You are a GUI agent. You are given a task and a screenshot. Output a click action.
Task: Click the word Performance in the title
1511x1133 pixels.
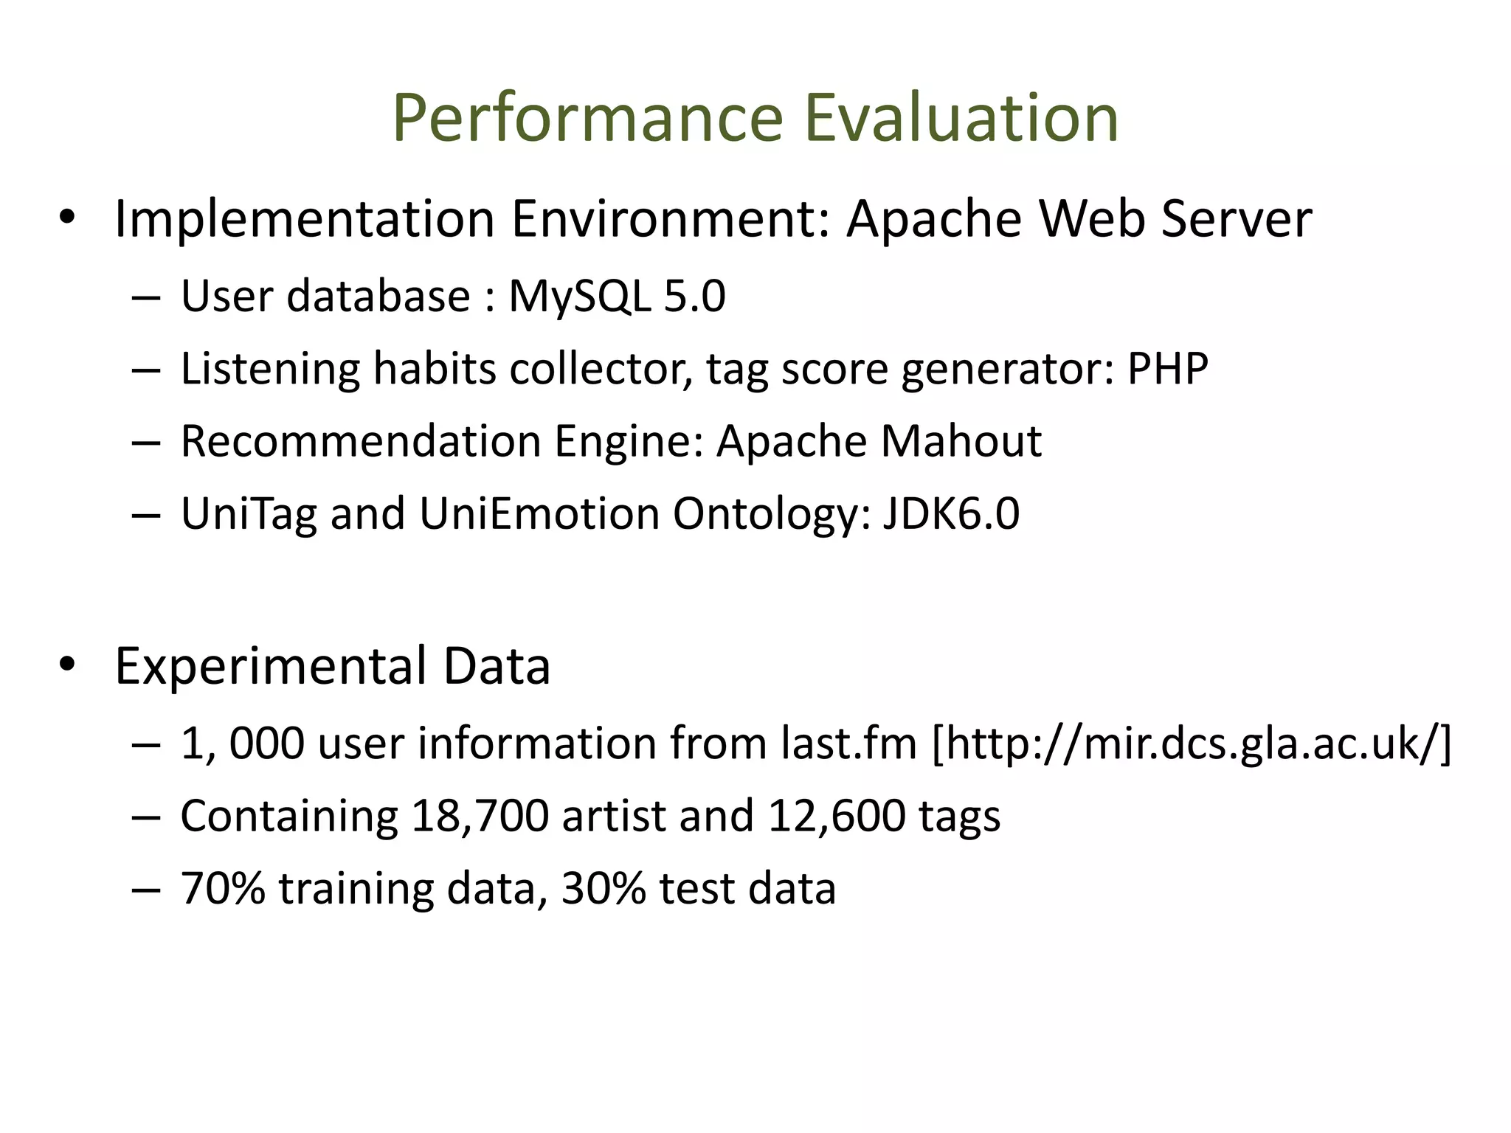point(587,118)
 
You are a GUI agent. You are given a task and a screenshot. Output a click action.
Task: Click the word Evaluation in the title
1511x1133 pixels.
point(961,118)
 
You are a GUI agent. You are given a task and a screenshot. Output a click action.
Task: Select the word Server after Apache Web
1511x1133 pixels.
point(1237,220)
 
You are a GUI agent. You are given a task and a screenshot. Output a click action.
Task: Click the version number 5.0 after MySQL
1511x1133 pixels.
point(694,297)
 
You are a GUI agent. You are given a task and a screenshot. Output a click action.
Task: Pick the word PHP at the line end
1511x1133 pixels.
point(1167,369)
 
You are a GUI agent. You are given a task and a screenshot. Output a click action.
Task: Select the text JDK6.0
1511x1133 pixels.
point(951,513)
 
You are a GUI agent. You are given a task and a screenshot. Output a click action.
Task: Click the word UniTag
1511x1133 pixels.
point(249,513)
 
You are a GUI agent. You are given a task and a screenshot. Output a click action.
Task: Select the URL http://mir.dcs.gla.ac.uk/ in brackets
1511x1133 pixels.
point(1192,744)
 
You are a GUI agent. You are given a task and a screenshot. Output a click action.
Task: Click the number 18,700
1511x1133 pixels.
point(480,816)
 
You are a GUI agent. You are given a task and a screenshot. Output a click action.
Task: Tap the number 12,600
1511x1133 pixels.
point(836,816)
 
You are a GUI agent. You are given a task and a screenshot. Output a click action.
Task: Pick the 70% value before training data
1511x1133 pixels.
point(223,888)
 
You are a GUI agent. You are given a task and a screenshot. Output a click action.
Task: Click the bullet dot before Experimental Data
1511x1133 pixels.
point(67,665)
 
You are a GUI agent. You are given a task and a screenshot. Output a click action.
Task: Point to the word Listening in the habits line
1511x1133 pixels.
point(270,369)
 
